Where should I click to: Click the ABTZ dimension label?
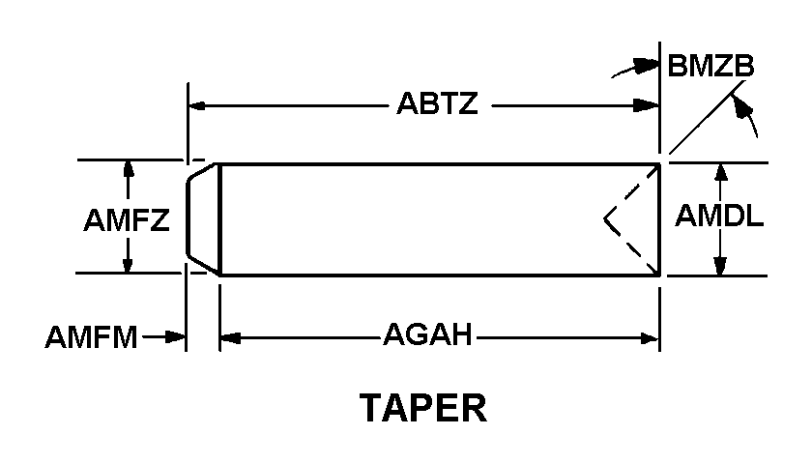click(x=437, y=103)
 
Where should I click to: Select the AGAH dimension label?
click(x=427, y=334)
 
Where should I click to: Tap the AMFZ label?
click(x=127, y=220)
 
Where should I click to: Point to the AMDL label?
click(x=719, y=216)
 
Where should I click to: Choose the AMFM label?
click(x=91, y=337)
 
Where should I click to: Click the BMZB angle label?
click(x=710, y=67)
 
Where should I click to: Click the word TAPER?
click(x=423, y=408)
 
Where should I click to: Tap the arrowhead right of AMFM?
click(x=175, y=337)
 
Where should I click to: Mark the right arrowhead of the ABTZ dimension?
click(x=647, y=106)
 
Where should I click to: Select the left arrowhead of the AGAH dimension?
click(x=230, y=338)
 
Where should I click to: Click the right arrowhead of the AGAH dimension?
click(x=649, y=338)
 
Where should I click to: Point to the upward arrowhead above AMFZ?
click(x=128, y=171)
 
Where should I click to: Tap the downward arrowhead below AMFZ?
click(x=128, y=262)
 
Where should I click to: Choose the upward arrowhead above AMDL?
click(x=720, y=172)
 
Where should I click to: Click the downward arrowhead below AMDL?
click(x=720, y=266)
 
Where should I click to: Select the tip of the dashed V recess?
click(x=604, y=219)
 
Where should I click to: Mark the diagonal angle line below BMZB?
click(x=708, y=117)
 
